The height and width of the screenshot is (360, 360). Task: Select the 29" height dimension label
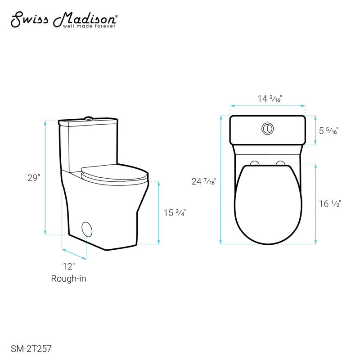[33, 178]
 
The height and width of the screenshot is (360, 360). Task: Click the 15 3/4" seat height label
[175, 213]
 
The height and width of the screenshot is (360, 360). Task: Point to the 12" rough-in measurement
[68, 267]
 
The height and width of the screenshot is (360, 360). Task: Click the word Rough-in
[68, 279]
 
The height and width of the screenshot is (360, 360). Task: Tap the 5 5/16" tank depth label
[328, 131]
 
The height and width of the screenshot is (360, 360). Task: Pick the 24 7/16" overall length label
[204, 182]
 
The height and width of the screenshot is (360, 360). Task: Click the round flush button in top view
[267, 129]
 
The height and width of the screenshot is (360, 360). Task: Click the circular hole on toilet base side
[89, 228]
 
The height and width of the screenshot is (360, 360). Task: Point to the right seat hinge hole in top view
[280, 162]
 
